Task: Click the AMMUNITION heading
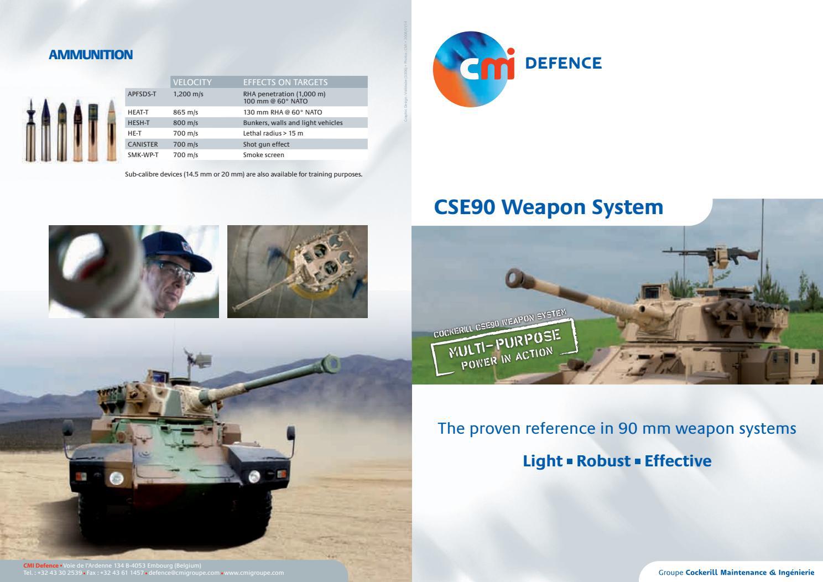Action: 91,55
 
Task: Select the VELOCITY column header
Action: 192,82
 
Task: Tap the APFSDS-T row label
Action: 142,94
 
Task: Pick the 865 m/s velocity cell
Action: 185,112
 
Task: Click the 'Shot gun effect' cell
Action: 266,144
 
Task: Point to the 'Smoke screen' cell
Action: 263,155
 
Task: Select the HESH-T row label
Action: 138,123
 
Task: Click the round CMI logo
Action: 473,69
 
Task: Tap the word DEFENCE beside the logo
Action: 562,63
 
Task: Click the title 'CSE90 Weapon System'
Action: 548,207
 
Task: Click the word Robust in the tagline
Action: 603,461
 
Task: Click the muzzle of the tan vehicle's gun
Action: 515,276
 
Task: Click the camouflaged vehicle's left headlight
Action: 117,478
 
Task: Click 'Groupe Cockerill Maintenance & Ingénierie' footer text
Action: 736,573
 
